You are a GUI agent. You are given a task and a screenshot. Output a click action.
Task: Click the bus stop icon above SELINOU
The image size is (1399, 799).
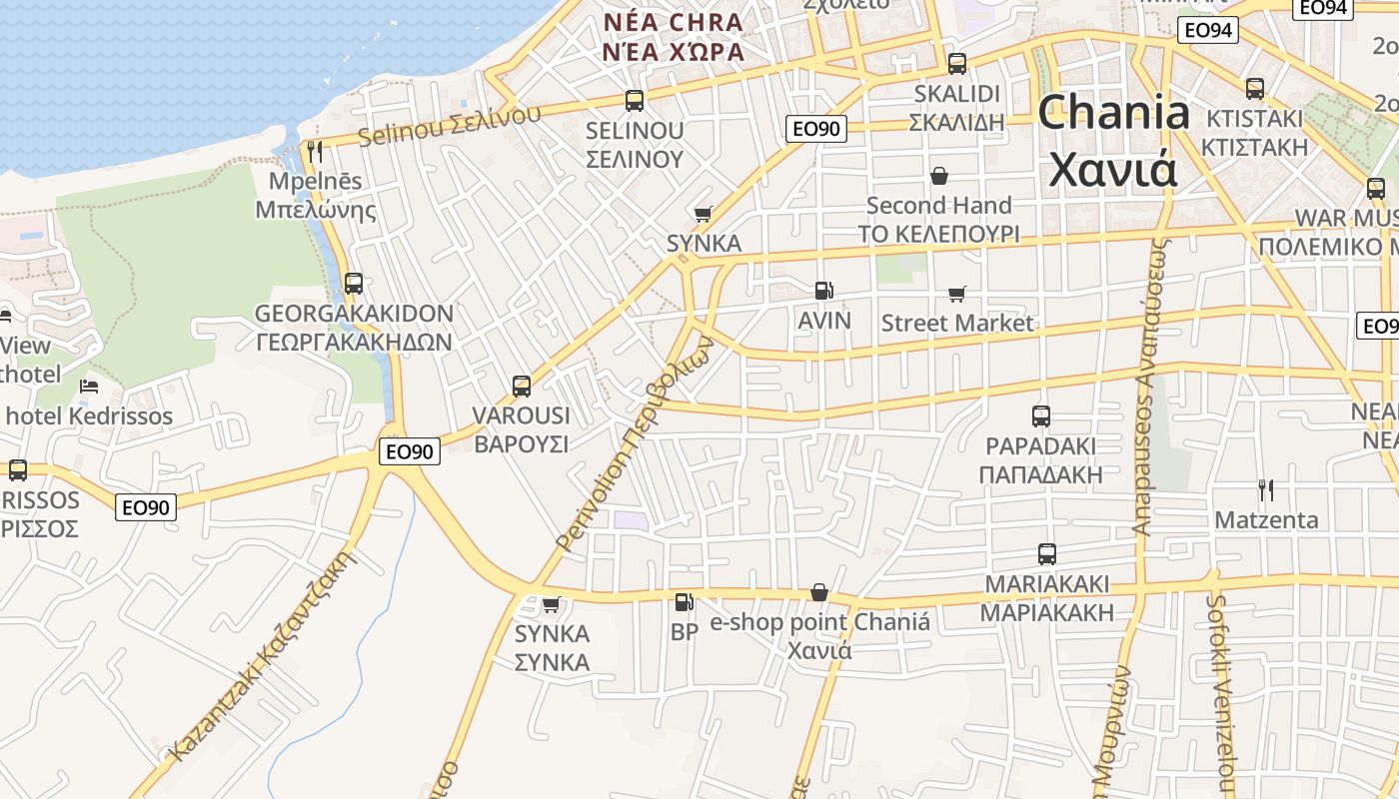click(x=635, y=100)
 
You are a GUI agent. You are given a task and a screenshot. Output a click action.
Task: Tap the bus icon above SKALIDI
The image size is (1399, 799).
click(x=957, y=64)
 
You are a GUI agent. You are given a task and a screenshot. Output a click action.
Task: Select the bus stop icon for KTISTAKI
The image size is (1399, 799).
click(x=1255, y=89)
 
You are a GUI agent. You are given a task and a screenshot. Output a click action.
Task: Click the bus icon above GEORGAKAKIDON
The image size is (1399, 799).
click(x=354, y=284)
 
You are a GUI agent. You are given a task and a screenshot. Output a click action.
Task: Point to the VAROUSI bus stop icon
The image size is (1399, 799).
click(x=521, y=387)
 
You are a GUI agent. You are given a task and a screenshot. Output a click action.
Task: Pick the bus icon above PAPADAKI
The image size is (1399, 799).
click(x=1041, y=416)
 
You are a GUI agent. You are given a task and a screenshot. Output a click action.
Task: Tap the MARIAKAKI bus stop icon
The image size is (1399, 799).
click(x=1047, y=554)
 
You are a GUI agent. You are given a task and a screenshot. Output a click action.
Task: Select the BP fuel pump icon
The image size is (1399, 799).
click(x=685, y=602)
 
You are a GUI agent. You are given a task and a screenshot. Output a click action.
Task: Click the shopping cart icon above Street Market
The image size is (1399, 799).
click(x=957, y=295)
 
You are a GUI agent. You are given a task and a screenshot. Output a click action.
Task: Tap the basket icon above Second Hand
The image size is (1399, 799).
click(x=939, y=177)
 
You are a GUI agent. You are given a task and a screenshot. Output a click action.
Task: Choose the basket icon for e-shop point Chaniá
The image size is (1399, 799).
click(x=819, y=593)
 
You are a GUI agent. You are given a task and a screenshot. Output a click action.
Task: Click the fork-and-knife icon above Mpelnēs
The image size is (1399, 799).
click(x=315, y=152)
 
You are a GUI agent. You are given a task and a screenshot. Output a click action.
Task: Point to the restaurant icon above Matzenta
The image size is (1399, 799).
click(x=1266, y=490)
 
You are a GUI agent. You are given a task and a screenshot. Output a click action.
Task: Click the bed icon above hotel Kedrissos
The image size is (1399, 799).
click(x=90, y=386)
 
